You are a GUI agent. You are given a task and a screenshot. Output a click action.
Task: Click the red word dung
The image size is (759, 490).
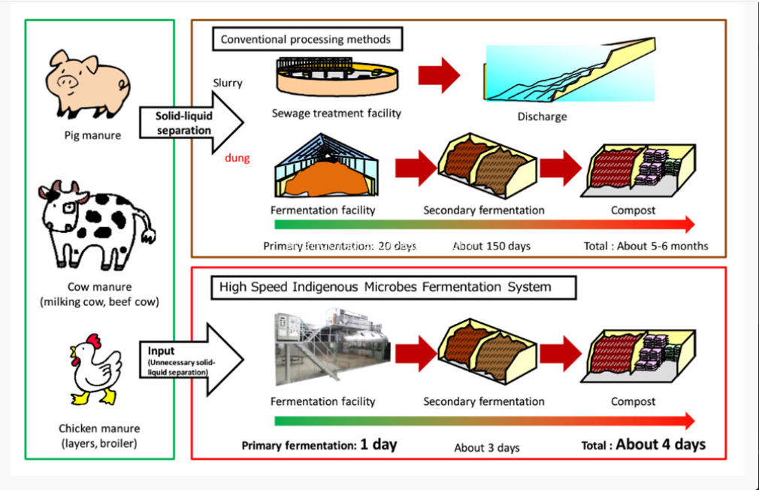pos(237,159)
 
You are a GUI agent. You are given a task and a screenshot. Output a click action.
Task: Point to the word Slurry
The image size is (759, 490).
pos(227,83)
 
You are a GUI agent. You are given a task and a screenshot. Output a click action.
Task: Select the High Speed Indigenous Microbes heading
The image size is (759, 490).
pos(385,287)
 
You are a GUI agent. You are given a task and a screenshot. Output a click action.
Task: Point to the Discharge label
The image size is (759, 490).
pos(542,116)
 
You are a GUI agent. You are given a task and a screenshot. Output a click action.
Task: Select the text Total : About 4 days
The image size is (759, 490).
pos(643,444)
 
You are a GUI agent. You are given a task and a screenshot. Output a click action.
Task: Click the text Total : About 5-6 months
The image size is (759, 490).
pos(646,246)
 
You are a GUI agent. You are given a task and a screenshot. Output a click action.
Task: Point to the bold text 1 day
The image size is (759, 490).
pos(378,444)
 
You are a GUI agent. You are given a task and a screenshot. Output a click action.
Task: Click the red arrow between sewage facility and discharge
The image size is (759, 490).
pos(439,74)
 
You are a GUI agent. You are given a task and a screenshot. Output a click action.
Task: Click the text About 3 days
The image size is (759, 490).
pos(486,447)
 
